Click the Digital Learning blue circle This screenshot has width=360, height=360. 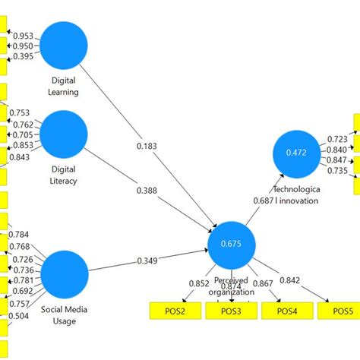pos(64,46)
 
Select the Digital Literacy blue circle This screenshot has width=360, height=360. pos(64,135)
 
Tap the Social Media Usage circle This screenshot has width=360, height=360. pos(64,274)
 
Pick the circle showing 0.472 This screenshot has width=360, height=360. pos(297,153)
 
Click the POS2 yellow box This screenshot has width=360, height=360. pos(172,311)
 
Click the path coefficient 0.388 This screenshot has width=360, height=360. pos(147,191)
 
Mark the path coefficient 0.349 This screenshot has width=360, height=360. pos(150,261)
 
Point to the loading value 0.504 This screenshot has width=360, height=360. pos(21,316)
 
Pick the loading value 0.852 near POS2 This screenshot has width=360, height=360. pos(200,284)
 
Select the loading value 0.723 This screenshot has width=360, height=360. pos(337,139)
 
